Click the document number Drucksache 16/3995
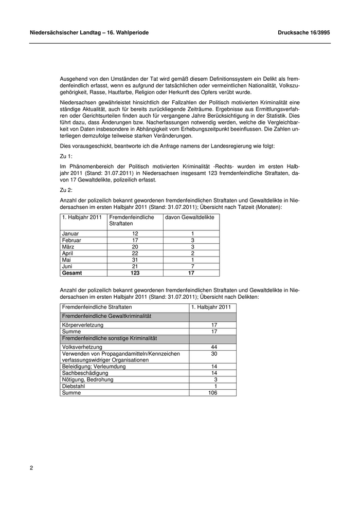tap(303, 32)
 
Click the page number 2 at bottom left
tap(31, 468)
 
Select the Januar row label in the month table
tap(70, 233)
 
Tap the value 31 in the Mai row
tap(135, 260)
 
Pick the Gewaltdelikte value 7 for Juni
tap(192, 267)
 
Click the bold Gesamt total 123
tap(135, 274)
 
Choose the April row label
tap(68, 253)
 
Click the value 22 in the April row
tap(135, 253)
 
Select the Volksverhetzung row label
tap(81, 347)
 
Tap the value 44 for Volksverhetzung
tap(214, 347)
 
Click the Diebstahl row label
tap(74, 386)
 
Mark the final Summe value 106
tap(213, 393)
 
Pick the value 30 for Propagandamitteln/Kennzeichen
tap(214, 354)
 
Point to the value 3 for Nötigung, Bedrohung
tap(215, 379)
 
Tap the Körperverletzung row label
tap(82, 325)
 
